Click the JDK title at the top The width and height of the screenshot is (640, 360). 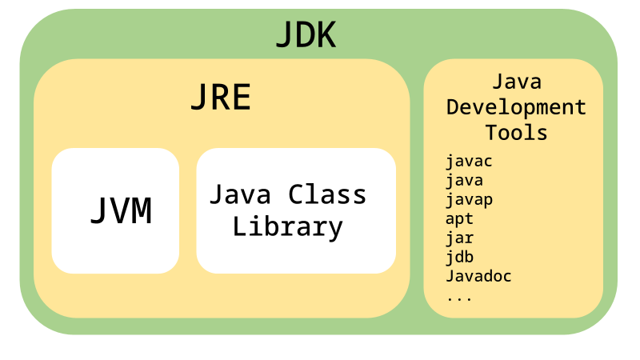click(x=305, y=36)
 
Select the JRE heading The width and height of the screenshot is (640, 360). click(x=220, y=98)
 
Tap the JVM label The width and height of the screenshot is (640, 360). click(x=120, y=211)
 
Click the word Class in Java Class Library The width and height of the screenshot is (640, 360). click(x=327, y=194)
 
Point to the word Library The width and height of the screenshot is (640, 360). click(x=287, y=226)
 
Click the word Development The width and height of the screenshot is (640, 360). click(x=516, y=107)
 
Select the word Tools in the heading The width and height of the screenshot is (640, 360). click(x=516, y=132)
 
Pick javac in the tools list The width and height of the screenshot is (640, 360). click(x=469, y=162)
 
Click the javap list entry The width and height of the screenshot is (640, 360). click(x=469, y=200)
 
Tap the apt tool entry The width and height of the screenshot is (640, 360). click(x=459, y=218)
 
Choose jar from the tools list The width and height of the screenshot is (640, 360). click(x=459, y=238)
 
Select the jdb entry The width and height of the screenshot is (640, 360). click(x=459, y=257)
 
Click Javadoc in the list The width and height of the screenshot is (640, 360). click(x=478, y=276)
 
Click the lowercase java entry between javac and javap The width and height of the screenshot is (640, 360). click(x=464, y=181)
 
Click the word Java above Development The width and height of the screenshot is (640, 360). click(x=516, y=82)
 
